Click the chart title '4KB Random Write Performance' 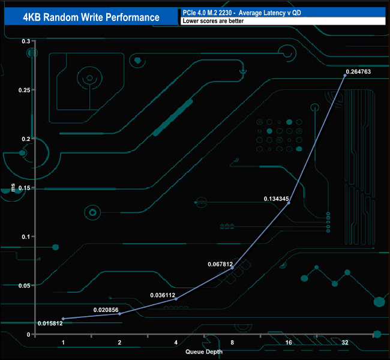91,17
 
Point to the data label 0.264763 360,72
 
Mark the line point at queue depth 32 345,75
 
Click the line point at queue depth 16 289,203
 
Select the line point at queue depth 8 232,268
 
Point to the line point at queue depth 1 63,319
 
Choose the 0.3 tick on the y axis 26,41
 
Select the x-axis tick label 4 176,342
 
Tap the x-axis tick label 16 289,342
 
